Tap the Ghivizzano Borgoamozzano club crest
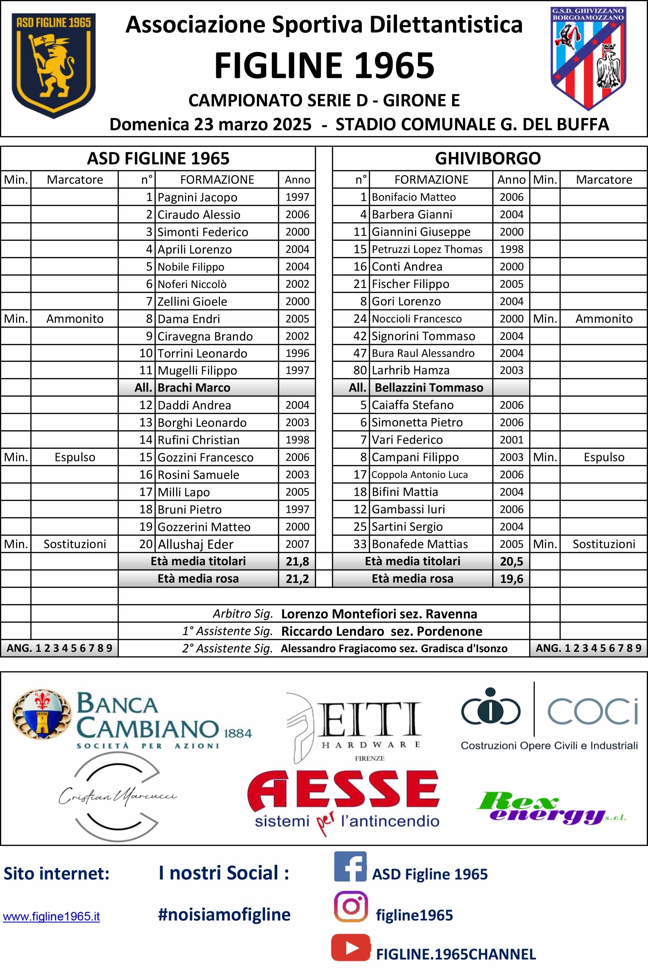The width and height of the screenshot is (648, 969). click(x=588, y=58)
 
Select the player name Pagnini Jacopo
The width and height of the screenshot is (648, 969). click(x=197, y=197)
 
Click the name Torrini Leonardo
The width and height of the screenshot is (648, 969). click(x=202, y=353)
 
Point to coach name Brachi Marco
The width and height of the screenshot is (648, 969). click(x=194, y=388)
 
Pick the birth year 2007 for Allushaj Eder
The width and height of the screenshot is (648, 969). click(x=297, y=544)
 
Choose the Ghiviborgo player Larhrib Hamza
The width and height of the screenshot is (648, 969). click(x=410, y=370)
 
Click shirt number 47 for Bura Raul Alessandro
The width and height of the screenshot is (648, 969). click(x=360, y=353)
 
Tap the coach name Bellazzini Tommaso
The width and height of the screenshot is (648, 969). click(x=429, y=388)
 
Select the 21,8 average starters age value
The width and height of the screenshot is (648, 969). click(x=297, y=561)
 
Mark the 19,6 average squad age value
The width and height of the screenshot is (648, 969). click(x=511, y=579)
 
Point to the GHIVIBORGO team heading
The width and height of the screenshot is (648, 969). click(x=488, y=158)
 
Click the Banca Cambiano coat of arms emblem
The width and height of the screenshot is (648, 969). click(x=41, y=714)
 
